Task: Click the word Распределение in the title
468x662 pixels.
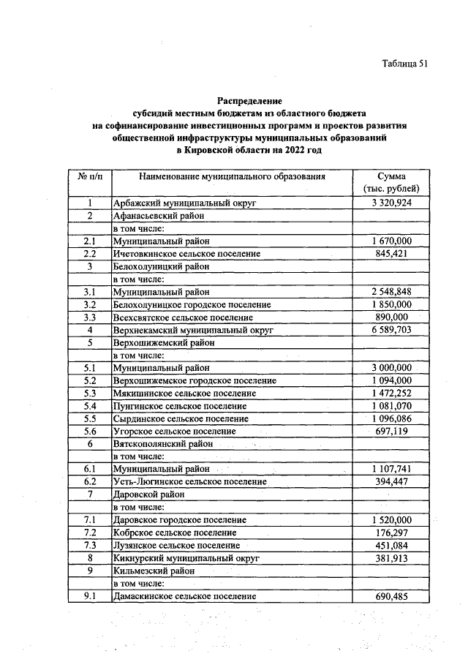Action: (249, 100)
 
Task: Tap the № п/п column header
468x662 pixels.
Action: (89, 176)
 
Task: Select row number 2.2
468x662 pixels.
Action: (89, 253)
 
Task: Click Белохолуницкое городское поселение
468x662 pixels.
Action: (192, 304)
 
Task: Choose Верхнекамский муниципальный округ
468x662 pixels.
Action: (192, 330)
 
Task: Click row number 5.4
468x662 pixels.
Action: (89, 406)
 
